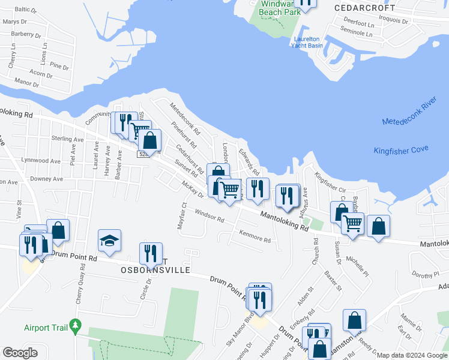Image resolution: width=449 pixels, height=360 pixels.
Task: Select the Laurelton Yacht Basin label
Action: tap(307, 42)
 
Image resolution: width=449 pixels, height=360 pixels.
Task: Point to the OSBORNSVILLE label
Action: tap(155, 270)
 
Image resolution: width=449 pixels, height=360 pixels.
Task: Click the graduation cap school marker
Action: tap(110, 241)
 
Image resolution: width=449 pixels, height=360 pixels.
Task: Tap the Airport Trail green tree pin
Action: tap(75, 328)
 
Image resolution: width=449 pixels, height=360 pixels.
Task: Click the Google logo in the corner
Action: tap(20, 353)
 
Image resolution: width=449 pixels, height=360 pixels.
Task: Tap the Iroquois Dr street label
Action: tap(394, 20)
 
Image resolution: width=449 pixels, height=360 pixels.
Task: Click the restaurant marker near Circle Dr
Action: tap(150, 253)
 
